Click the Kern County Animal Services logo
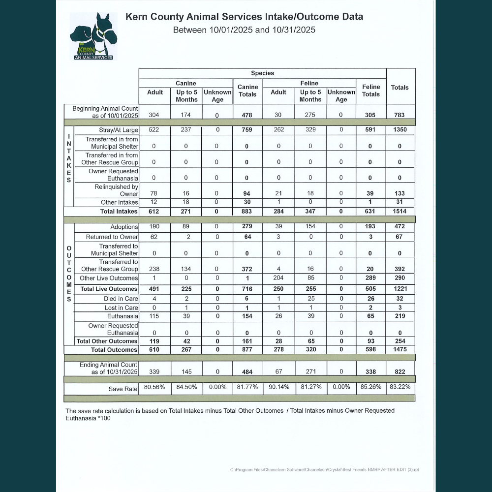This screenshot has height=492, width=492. (x=92, y=37)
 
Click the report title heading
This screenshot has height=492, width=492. (x=244, y=17)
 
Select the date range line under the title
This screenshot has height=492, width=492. (x=244, y=30)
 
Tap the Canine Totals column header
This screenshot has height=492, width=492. (x=247, y=91)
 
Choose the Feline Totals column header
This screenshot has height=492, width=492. (x=371, y=91)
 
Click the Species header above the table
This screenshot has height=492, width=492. (x=262, y=73)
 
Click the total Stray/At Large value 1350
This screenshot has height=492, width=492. (x=400, y=130)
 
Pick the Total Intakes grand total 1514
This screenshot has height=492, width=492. (x=400, y=212)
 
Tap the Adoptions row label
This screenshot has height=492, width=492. (x=124, y=227)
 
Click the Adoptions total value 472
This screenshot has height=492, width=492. (x=400, y=227)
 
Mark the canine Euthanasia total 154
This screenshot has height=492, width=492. (x=247, y=316)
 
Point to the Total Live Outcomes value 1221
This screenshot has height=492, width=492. (x=400, y=289)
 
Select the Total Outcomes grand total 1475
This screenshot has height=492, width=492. (x=400, y=350)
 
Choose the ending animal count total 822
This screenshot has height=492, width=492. (x=400, y=372)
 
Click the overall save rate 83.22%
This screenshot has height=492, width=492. (x=400, y=387)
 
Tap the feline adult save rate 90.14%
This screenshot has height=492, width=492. (x=278, y=387)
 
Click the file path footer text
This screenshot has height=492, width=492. (x=325, y=470)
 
